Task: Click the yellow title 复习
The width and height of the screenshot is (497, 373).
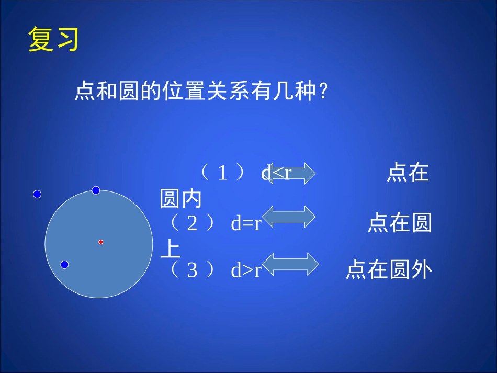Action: [53, 40]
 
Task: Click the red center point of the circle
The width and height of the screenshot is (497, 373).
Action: [101, 242]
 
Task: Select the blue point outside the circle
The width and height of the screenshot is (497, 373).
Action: [37, 194]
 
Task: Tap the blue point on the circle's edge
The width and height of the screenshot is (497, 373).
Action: [96, 190]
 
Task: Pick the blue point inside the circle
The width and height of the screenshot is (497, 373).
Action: [64, 265]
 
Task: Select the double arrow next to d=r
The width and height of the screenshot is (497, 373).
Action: [288, 216]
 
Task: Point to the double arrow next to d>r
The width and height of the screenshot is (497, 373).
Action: [289, 264]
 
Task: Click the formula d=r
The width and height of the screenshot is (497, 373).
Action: [246, 224]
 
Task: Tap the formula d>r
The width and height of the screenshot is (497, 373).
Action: [246, 270]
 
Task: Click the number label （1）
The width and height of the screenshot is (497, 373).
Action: [223, 173]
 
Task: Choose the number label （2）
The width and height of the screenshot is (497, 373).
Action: [193, 224]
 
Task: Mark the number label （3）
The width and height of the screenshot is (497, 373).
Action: [193, 270]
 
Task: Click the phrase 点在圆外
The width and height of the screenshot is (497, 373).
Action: [389, 270]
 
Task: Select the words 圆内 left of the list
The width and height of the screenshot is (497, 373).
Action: [180, 199]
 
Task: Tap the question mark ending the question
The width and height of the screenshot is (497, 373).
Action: [324, 92]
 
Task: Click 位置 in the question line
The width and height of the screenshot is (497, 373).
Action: [180, 92]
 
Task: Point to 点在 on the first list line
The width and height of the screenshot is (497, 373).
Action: [408, 173]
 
